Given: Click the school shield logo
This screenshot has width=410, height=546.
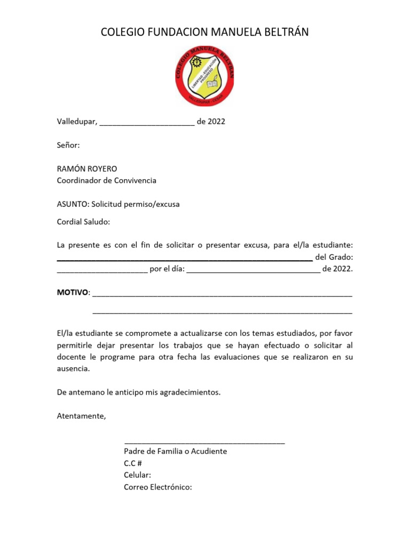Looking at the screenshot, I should tap(205, 76).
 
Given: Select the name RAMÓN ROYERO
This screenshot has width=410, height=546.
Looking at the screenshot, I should tap(87, 168).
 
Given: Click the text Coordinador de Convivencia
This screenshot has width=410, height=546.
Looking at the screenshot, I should tap(107, 180).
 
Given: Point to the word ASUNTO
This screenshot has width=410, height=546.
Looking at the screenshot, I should tap(73, 204).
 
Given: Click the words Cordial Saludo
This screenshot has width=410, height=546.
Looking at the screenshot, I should tap(83, 221).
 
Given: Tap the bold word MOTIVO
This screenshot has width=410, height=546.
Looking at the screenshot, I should tap(73, 293).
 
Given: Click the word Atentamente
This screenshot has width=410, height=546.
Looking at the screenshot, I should tap(82, 416).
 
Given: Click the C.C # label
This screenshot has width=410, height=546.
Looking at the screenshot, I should tap(133, 463).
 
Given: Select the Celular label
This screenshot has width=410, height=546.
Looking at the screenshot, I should tap(137, 475).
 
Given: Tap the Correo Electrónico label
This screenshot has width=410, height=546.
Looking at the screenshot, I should tap(157, 487).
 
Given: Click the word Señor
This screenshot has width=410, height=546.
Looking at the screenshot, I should tap(68, 144).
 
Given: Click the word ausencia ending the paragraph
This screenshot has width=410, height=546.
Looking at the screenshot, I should tap(73, 368).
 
